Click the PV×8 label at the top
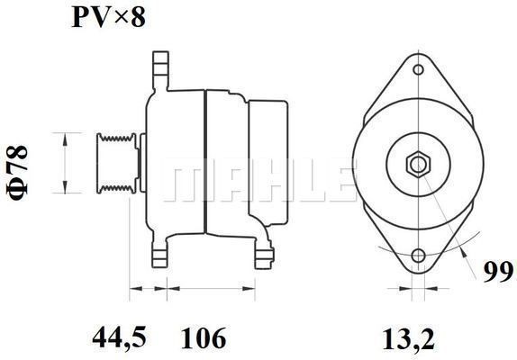coord(108,17)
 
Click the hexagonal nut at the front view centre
coord(416,164)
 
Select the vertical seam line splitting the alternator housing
coord(207,162)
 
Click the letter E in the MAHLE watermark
coord(334,183)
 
